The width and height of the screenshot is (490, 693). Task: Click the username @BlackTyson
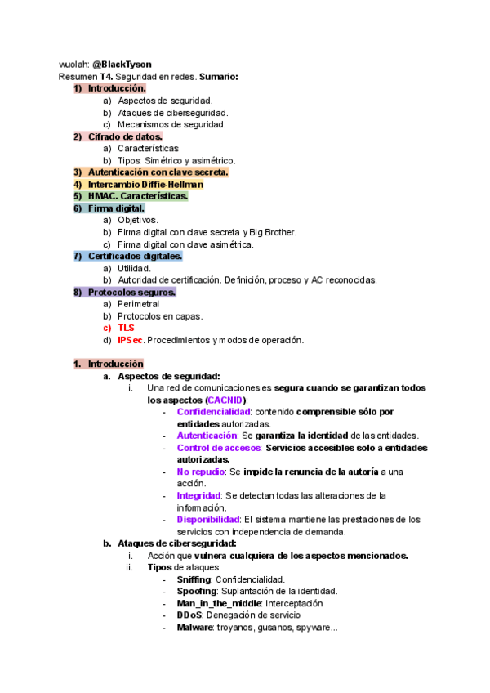pos(121,64)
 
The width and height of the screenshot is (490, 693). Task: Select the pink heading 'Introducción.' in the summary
pos(117,88)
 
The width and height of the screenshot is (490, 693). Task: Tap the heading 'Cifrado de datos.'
pos(125,136)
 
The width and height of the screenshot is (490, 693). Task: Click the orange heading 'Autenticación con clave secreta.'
pos(158,172)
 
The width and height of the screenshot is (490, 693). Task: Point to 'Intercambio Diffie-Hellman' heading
pos(145,185)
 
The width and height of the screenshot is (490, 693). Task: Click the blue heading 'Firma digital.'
pos(116,208)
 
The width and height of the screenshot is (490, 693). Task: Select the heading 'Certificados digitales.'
pos(135,256)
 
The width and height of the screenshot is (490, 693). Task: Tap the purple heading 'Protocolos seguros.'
pos(131,292)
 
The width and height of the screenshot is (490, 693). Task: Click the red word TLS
pos(126,328)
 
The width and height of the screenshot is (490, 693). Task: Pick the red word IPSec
pos(131,340)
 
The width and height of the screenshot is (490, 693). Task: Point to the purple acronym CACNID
pos(225,400)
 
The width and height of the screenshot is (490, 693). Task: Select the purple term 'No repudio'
pos(199,472)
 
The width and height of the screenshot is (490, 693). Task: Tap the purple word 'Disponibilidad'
pos(207,519)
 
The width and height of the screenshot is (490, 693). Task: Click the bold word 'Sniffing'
pos(194,579)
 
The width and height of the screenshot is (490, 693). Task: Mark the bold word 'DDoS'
pos(189,615)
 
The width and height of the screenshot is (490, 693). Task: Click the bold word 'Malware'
pos(194,627)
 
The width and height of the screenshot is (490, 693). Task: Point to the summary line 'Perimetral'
pos(138,304)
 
